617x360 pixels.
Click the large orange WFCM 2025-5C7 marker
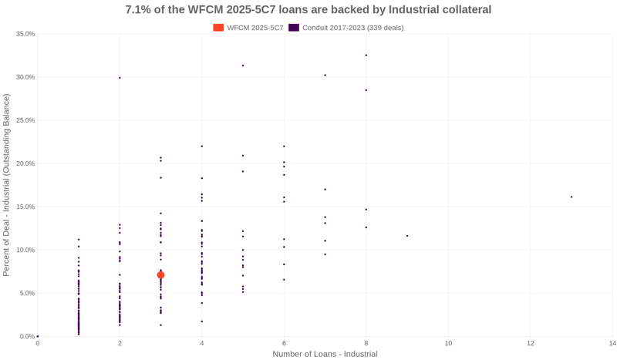coord(160,275)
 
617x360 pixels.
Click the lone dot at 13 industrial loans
coord(571,197)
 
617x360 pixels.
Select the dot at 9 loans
coord(407,236)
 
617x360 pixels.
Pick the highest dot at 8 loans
coord(366,56)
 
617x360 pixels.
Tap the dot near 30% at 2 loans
coord(120,78)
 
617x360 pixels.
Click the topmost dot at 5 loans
coord(243,66)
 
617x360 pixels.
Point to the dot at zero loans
coord(38,336)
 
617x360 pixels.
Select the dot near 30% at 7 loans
coord(325,76)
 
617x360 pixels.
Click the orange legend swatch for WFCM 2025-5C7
coord(218,28)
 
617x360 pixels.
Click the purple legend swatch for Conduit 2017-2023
coord(294,28)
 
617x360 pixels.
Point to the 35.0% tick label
coord(25,34)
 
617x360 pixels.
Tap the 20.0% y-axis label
coord(25,163)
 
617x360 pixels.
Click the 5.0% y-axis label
coord(27,293)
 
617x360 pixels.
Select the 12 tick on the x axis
coord(531,343)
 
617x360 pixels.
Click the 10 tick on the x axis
coord(448,343)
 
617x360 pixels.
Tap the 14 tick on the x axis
coord(612,343)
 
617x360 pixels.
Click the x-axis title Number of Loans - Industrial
coord(325,354)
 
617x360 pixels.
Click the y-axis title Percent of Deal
coord(7,185)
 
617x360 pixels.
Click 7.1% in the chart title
coord(140,10)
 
